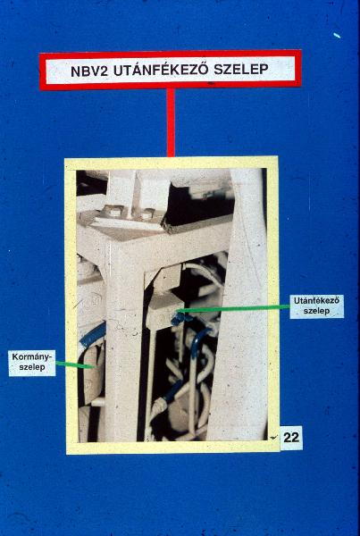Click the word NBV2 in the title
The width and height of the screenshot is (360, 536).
tap(89, 71)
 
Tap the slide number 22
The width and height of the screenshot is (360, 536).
tap(291, 438)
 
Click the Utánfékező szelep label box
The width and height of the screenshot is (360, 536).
tap(316, 306)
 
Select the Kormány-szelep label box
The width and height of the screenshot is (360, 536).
tap(32, 363)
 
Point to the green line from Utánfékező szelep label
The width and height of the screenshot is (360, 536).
tap(233, 309)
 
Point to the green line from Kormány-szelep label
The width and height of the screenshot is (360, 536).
tap(74, 365)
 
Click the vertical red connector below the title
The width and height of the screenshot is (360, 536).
tap(171, 122)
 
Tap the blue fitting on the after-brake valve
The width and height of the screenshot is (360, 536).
tap(179, 319)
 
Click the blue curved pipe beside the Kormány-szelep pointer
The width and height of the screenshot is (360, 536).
tap(93, 334)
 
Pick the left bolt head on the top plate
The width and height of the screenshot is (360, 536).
tap(113, 211)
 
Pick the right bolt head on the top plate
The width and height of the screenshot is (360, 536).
tap(147, 214)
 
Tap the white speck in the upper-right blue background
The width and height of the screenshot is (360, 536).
tap(337, 35)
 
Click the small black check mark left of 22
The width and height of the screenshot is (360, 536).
tap(274, 437)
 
